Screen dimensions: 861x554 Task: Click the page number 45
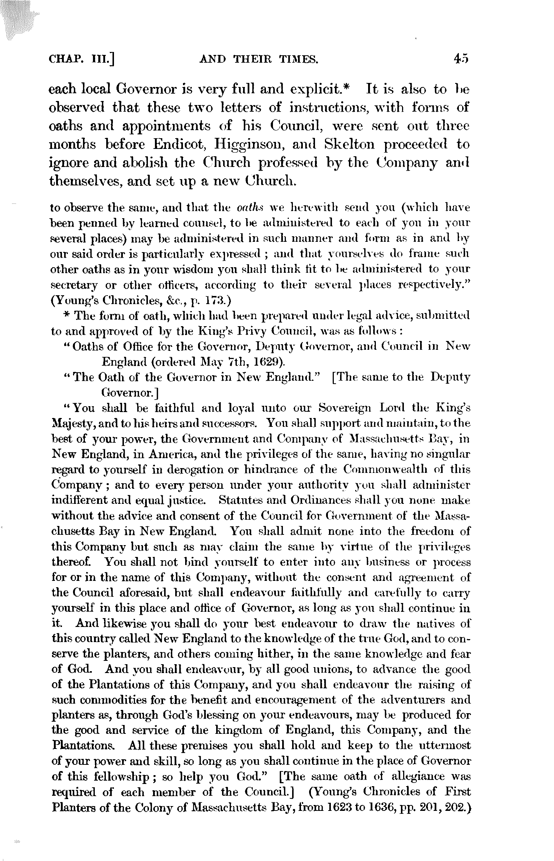pos(461,59)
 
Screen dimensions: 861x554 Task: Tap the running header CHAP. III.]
pos(82,59)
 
